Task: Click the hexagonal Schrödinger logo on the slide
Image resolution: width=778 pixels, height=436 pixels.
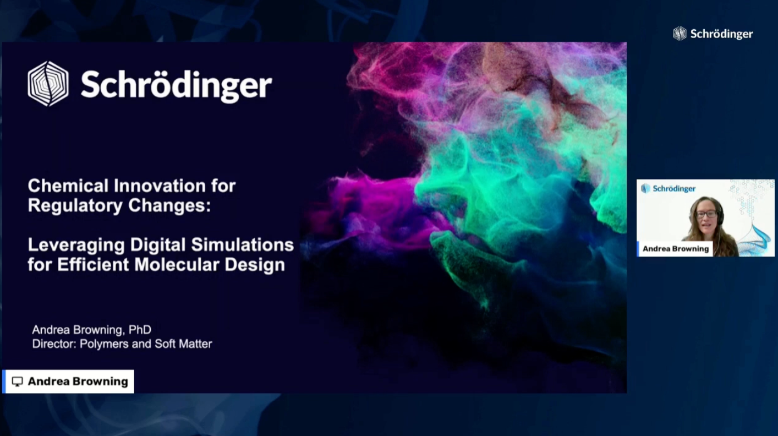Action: coord(48,84)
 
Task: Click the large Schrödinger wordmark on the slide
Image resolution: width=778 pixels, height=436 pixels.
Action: coord(176,85)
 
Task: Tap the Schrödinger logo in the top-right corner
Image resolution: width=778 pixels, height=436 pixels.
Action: coord(713,34)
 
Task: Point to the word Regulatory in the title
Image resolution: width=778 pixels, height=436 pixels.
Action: coord(75,206)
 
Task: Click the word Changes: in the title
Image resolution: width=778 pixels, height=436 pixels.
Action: coord(169,206)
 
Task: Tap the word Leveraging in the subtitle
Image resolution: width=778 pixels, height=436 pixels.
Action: coord(76,245)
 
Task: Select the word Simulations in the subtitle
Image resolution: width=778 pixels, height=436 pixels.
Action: coord(243,245)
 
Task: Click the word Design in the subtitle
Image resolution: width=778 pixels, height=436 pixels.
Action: coord(255,265)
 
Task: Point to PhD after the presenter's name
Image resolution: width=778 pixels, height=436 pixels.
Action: coord(140,329)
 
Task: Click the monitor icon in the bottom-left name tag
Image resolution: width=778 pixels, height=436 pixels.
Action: coord(18,381)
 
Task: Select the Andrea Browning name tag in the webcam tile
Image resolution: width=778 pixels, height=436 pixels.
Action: coord(675,249)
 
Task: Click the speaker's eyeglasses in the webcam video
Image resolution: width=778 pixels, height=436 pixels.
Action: coord(706,214)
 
